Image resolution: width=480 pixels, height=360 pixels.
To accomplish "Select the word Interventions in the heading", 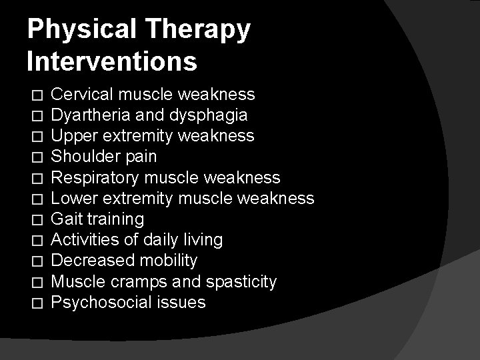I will click(x=112, y=61).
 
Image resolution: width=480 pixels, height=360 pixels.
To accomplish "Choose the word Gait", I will click(x=65, y=219).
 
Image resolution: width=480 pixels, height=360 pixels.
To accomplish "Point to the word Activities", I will click(x=85, y=239).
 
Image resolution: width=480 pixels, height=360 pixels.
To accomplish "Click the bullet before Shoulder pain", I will click(x=37, y=158).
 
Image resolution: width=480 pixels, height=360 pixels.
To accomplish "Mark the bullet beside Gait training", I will click(x=37, y=220).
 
